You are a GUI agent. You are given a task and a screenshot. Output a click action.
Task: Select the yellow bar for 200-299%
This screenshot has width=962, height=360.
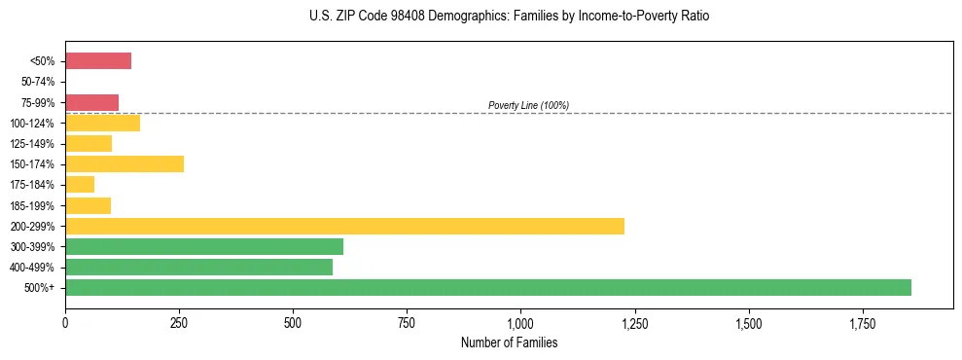344,226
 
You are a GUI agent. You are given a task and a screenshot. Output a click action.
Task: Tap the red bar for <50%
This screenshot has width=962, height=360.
98,61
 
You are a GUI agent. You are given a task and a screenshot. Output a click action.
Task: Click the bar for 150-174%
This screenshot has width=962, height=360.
125,164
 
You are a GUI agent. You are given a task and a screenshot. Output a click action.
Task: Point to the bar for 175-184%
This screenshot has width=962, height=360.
80,185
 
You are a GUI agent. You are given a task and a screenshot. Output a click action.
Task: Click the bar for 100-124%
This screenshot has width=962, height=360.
102,123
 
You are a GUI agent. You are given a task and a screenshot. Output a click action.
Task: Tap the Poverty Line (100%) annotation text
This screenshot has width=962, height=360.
528,105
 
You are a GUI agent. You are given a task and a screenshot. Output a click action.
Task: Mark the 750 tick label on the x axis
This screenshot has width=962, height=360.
407,322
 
